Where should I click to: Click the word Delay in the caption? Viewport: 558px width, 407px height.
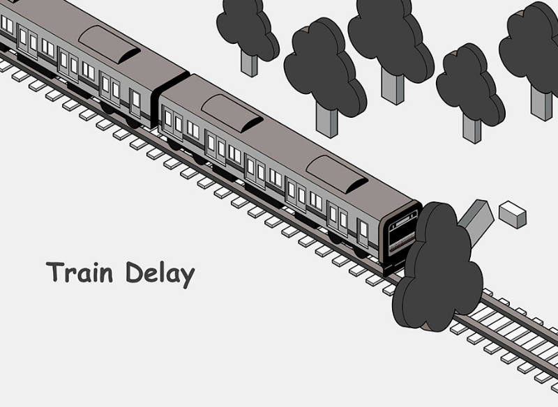tap(160, 274)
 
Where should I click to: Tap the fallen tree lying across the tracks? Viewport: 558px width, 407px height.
tap(436, 268)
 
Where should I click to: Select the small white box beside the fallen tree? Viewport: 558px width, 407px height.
tap(513, 214)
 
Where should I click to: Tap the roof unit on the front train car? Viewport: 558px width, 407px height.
tap(337, 174)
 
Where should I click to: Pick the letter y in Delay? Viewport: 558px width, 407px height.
tap(186, 277)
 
